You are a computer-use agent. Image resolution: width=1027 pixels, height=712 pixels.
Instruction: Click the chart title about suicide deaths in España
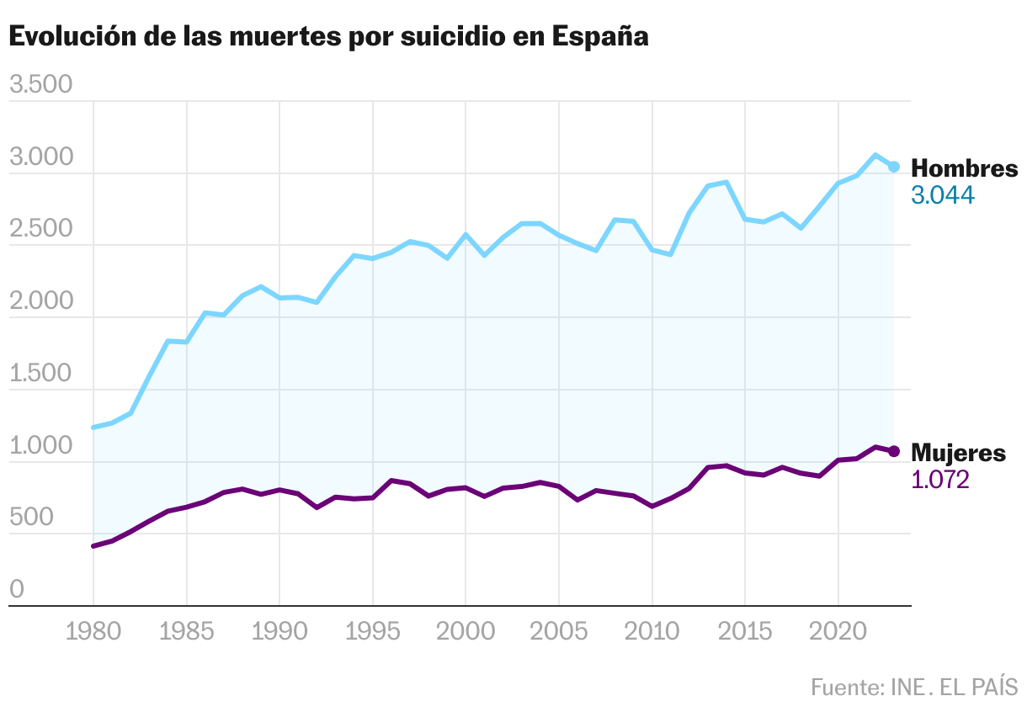[x=328, y=38]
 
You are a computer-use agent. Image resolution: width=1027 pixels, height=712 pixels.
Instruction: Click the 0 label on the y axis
[x=17, y=590]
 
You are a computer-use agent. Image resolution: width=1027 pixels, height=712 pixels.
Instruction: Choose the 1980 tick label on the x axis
[x=93, y=632]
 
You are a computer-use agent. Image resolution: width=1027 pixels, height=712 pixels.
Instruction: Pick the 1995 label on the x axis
[x=372, y=632]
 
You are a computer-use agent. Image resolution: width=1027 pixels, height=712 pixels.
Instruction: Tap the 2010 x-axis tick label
[x=652, y=632]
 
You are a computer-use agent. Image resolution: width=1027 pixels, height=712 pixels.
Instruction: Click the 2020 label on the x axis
[x=838, y=632]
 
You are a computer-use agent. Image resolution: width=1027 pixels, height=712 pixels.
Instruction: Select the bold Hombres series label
[x=965, y=168]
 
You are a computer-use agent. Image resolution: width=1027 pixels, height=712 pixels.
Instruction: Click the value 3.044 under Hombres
[x=943, y=195]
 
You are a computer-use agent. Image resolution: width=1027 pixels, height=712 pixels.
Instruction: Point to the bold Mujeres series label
[x=959, y=454]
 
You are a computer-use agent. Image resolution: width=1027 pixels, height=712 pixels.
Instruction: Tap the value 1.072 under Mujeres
[x=940, y=480]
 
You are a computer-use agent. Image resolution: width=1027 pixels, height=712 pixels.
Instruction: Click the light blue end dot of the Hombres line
[x=894, y=167]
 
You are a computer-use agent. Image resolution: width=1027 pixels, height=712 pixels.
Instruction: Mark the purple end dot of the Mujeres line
[x=894, y=451]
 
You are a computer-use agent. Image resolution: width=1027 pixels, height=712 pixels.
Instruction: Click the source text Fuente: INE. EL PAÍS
[x=914, y=687]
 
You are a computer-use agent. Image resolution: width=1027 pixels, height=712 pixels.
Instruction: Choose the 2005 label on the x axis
[x=559, y=632]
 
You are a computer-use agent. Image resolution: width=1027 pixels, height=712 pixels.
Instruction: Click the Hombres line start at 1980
[x=93, y=428]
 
